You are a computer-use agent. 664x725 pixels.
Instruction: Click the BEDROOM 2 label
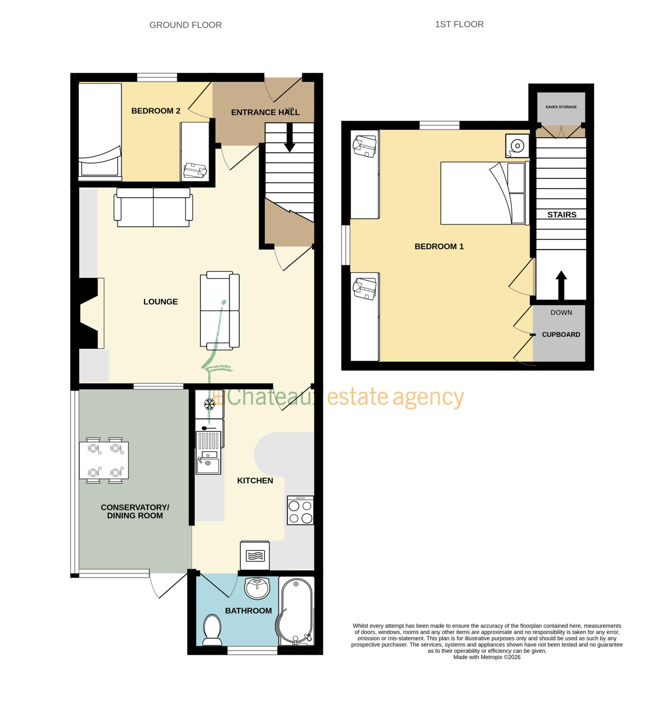(x=155, y=111)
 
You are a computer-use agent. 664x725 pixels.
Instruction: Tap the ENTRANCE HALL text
(x=265, y=112)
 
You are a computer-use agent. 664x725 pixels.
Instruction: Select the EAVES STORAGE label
(x=560, y=107)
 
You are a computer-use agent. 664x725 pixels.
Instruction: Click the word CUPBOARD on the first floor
(x=560, y=335)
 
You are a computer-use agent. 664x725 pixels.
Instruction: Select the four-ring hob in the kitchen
(x=300, y=510)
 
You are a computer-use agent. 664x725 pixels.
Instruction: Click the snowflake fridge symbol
(x=209, y=404)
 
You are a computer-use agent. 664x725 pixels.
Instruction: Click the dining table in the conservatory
(x=104, y=460)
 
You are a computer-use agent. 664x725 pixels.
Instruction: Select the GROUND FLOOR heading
(x=185, y=25)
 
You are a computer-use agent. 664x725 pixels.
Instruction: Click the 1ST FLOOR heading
(x=459, y=24)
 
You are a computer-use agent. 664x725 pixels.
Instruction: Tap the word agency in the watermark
(x=428, y=397)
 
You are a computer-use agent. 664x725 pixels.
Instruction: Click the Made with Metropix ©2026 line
(x=486, y=657)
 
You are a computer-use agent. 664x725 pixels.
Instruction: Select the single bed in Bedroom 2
(x=100, y=131)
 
